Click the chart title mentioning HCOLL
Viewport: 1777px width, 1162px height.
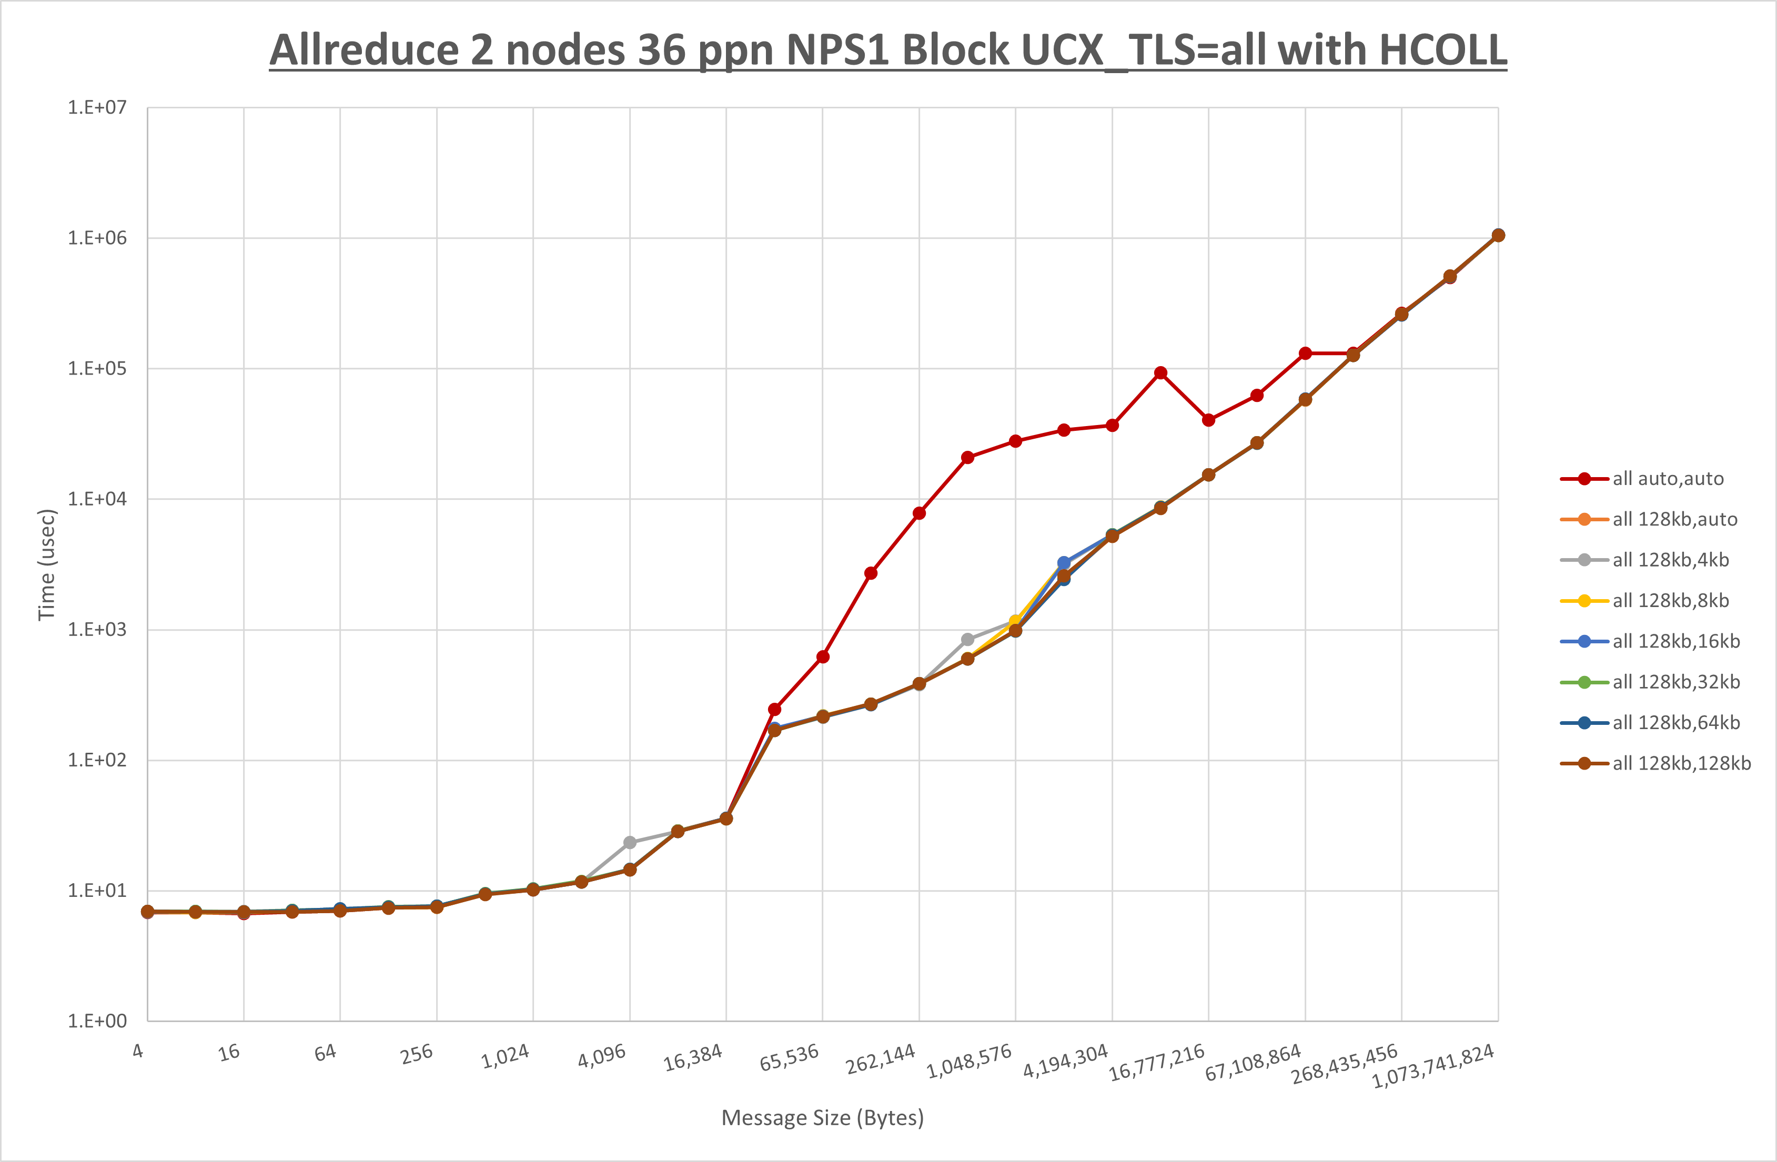(x=888, y=50)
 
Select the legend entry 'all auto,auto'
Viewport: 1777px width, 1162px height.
(x=1667, y=479)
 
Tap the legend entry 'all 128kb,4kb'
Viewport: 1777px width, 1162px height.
(x=1670, y=560)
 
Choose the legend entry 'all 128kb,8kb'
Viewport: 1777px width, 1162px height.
(x=1670, y=600)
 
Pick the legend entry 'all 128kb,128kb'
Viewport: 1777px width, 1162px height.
(x=1681, y=763)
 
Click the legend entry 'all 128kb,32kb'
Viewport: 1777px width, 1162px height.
(x=1675, y=682)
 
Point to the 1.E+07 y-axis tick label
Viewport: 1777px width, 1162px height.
(x=97, y=107)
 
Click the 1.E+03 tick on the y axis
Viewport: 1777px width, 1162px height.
(x=97, y=630)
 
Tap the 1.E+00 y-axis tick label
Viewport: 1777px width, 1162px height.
(x=97, y=1021)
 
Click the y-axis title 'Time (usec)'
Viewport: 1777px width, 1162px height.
(x=46, y=564)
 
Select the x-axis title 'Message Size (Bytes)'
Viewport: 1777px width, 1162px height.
(x=822, y=1118)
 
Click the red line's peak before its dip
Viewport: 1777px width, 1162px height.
(x=1160, y=372)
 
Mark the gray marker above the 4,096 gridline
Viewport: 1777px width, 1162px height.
(x=629, y=842)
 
